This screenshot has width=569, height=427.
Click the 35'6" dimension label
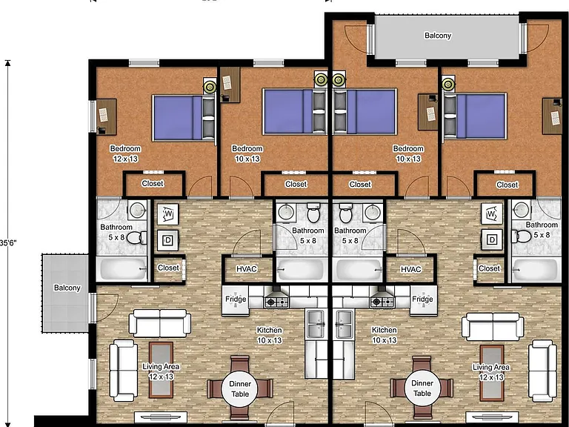tap(8, 242)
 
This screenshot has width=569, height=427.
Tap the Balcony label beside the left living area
tap(67, 288)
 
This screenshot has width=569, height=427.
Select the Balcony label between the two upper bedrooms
tap(438, 36)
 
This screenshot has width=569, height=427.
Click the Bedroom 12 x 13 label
tap(125, 153)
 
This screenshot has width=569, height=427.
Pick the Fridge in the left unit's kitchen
tap(236, 300)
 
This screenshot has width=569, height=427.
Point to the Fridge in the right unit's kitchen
tap(424, 300)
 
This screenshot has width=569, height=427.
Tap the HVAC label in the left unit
tap(247, 269)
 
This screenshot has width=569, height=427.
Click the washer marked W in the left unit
tap(167, 213)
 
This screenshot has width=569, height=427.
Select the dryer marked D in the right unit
tap(492, 239)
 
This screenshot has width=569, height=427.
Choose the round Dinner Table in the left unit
tap(240, 388)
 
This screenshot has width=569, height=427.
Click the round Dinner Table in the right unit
tap(422, 388)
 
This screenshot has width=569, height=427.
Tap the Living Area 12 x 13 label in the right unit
tap(491, 372)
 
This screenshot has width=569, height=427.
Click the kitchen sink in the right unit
tap(344, 324)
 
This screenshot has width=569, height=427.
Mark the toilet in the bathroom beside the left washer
tap(137, 238)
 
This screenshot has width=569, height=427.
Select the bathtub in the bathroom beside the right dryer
tap(534, 269)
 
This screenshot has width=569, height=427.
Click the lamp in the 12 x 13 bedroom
tap(210, 87)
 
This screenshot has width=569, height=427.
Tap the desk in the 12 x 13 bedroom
tap(107, 116)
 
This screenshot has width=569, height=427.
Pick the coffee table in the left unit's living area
tap(161, 370)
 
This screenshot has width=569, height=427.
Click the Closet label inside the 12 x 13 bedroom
tap(153, 183)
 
